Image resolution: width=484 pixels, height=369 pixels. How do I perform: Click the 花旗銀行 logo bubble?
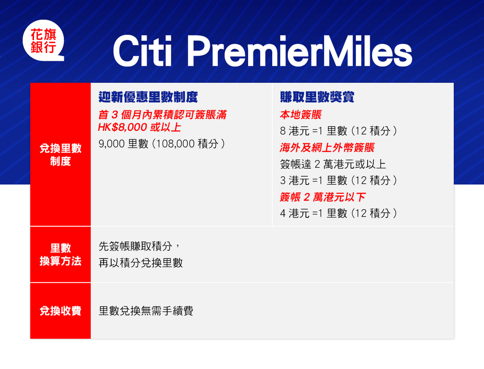tap(43, 41)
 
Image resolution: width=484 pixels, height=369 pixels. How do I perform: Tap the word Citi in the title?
tap(143, 51)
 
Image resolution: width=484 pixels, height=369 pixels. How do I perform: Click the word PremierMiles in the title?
tap(299, 51)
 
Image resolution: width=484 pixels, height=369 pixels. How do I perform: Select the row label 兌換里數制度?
tap(60, 154)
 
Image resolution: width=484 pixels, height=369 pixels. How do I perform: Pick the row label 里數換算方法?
tap(60, 255)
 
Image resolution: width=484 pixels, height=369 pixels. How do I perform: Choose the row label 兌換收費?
tap(60, 311)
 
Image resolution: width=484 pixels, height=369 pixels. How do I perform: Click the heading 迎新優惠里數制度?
tap(148, 97)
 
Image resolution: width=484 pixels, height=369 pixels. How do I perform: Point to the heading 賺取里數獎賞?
tap(317, 97)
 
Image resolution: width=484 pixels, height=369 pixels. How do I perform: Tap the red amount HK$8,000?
tap(122, 127)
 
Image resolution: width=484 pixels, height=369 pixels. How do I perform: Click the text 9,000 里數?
tap(123, 144)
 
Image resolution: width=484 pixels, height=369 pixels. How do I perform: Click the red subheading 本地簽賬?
tap(301, 115)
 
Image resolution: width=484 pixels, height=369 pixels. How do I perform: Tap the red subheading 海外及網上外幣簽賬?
tap(327, 147)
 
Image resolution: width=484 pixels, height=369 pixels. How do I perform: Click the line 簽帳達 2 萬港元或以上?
tap(333, 164)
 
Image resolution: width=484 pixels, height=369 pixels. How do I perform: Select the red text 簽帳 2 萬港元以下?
tap(323, 197)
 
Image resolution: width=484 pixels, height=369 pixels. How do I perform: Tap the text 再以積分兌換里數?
tap(141, 263)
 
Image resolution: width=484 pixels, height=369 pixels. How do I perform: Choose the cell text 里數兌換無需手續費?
tap(146, 311)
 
